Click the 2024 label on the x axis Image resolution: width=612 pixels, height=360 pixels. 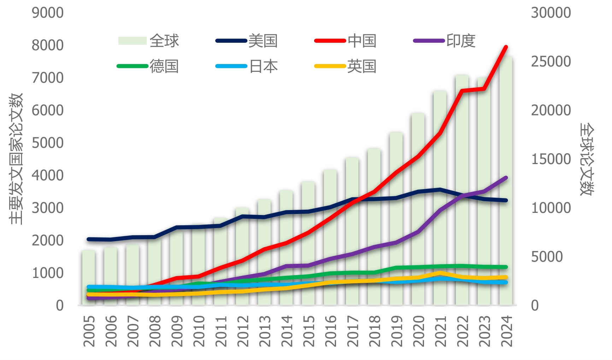(x=507, y=331)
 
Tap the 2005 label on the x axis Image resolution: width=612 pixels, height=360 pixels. (x=89, y=331)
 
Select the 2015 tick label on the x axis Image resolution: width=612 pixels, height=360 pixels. (x=308, y=331)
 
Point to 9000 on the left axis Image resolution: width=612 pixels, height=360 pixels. (x=48, y=13)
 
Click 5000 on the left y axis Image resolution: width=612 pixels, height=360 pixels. (x=48, y=143)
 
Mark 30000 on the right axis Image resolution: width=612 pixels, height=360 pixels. (x=551, y=13)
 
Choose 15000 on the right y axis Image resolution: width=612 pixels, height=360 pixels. (x=551, y=159)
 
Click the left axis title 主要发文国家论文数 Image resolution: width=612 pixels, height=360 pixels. (x=16, y=159)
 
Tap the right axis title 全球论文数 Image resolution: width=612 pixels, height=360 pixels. (x=587, y=159)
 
